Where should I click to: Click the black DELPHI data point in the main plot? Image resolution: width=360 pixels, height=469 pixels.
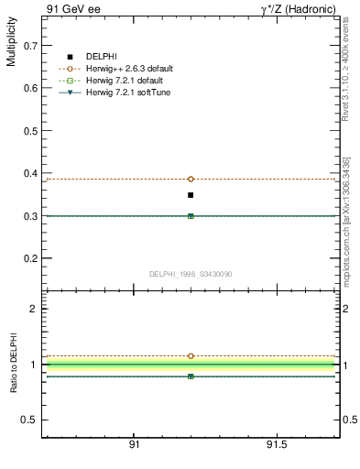[x=191, y=195]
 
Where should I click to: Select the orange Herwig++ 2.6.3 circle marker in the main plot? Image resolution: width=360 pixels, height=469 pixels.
[x=191, y=179]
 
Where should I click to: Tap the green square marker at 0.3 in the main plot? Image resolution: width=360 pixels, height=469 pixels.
[x=191, y=216]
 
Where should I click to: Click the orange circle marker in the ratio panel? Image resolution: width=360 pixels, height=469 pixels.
[x=191, y=355]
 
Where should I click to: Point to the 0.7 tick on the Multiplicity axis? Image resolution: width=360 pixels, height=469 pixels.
[x=30, y=44]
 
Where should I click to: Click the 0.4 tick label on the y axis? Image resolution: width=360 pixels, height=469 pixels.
[x=30, y=173]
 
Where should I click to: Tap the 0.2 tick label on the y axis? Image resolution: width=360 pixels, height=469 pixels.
[x=30, y=259]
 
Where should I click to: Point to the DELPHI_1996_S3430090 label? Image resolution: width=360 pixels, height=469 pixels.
[x=190, y=274]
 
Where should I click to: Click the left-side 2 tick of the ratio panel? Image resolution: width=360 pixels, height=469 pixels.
[x=34, y=309]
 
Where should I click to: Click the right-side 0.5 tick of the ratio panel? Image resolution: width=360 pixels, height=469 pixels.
[x=347, y=420]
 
